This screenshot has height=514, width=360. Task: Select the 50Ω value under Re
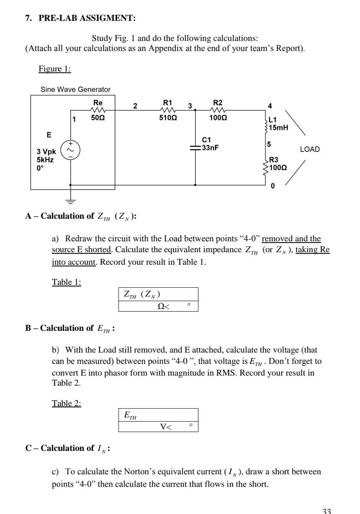click(98, 118)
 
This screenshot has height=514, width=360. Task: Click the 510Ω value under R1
click(167, 118)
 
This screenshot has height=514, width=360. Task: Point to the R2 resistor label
click(218, 102)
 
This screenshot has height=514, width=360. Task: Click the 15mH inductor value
click(279, 127)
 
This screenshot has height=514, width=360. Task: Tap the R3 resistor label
click(273, 159)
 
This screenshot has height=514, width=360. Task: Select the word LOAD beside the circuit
click(310, 149)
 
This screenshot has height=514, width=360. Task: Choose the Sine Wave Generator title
click(75, 90)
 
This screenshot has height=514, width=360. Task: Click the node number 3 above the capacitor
click(190, 105)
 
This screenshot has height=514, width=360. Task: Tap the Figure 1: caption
click(55, 69)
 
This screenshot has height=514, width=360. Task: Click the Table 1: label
click(67, 282)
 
